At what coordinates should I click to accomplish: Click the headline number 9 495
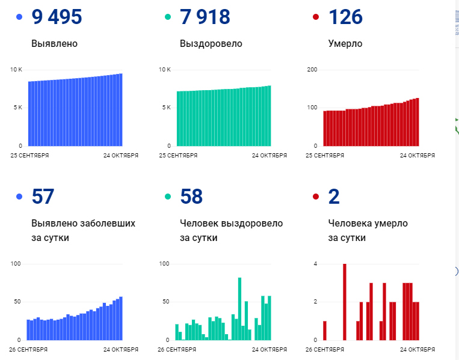[57, 17]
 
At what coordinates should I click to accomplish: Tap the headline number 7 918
[205, 17]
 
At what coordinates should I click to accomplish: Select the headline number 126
[345, 17]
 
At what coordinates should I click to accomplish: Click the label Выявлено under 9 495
[55, 43]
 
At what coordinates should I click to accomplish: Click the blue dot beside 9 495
[20, 17]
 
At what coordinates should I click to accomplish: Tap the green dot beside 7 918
[168, 17]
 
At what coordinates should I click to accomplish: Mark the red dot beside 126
[316, 17]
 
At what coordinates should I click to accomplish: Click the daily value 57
[43, 197]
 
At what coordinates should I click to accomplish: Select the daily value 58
[191, 197]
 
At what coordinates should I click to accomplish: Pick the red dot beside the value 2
[316, 197]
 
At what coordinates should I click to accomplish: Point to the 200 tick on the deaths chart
[312, 70]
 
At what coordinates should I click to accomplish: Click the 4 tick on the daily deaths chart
[315, 264]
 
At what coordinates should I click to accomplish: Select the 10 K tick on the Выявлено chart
[16, 70]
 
